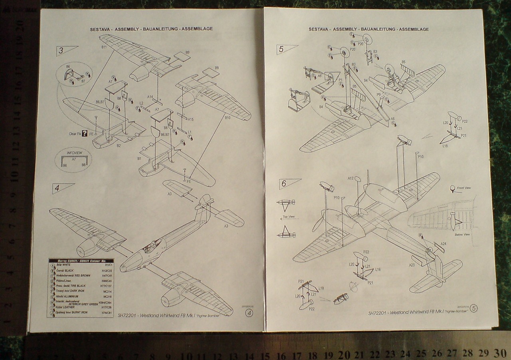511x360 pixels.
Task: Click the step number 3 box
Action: pyautogui.click(x=61, y=51)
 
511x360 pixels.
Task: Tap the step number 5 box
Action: pyautogui.click(x=282, y=49)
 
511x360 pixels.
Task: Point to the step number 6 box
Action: pyautogui.click(x=284, y=184)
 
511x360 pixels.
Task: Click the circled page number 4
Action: pyautogui.click(x=250, y=314)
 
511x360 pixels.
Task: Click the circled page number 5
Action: pyautogui.click(x=474, y=308)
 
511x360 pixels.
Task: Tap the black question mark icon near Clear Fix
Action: pyautogui.click(x=85, y=134)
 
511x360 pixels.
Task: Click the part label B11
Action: pyautogui.click(x=104, y=48)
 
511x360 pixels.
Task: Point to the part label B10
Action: pyautogui.click(x=228, y=118)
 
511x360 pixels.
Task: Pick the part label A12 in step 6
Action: pyautogui.click(x=351, y=179)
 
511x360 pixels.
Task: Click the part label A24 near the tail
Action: pyautogui.click(x=444, y=244)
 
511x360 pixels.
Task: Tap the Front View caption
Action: pyautogui.click(x=464, y=188)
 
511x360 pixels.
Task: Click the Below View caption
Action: pyautogui.click(x=462, y=235)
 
